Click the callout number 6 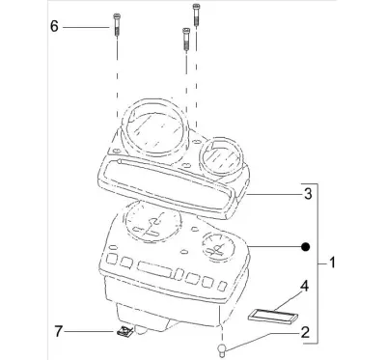click(x=54, y=26)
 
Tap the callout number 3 click(x=308, y=194)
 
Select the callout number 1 click(x=332, y=263)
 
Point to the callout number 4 click(x=304, y=286)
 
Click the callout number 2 click(x=305, y=332)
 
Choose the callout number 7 click(x=58, y=331)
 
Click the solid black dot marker click(x=305, y=247)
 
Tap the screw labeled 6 click(x=117, y=26)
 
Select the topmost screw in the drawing click(x=196, y=14)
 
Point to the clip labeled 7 click(x=124, y=331)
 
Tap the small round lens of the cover click(x=223, y=156)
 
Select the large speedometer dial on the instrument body click(x=152, y=223)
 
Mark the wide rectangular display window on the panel click(x=154, y=269)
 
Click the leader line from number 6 click(x=86, y=28)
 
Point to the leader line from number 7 click(x=90, y=331)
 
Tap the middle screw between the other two click(x=186, y=40)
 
